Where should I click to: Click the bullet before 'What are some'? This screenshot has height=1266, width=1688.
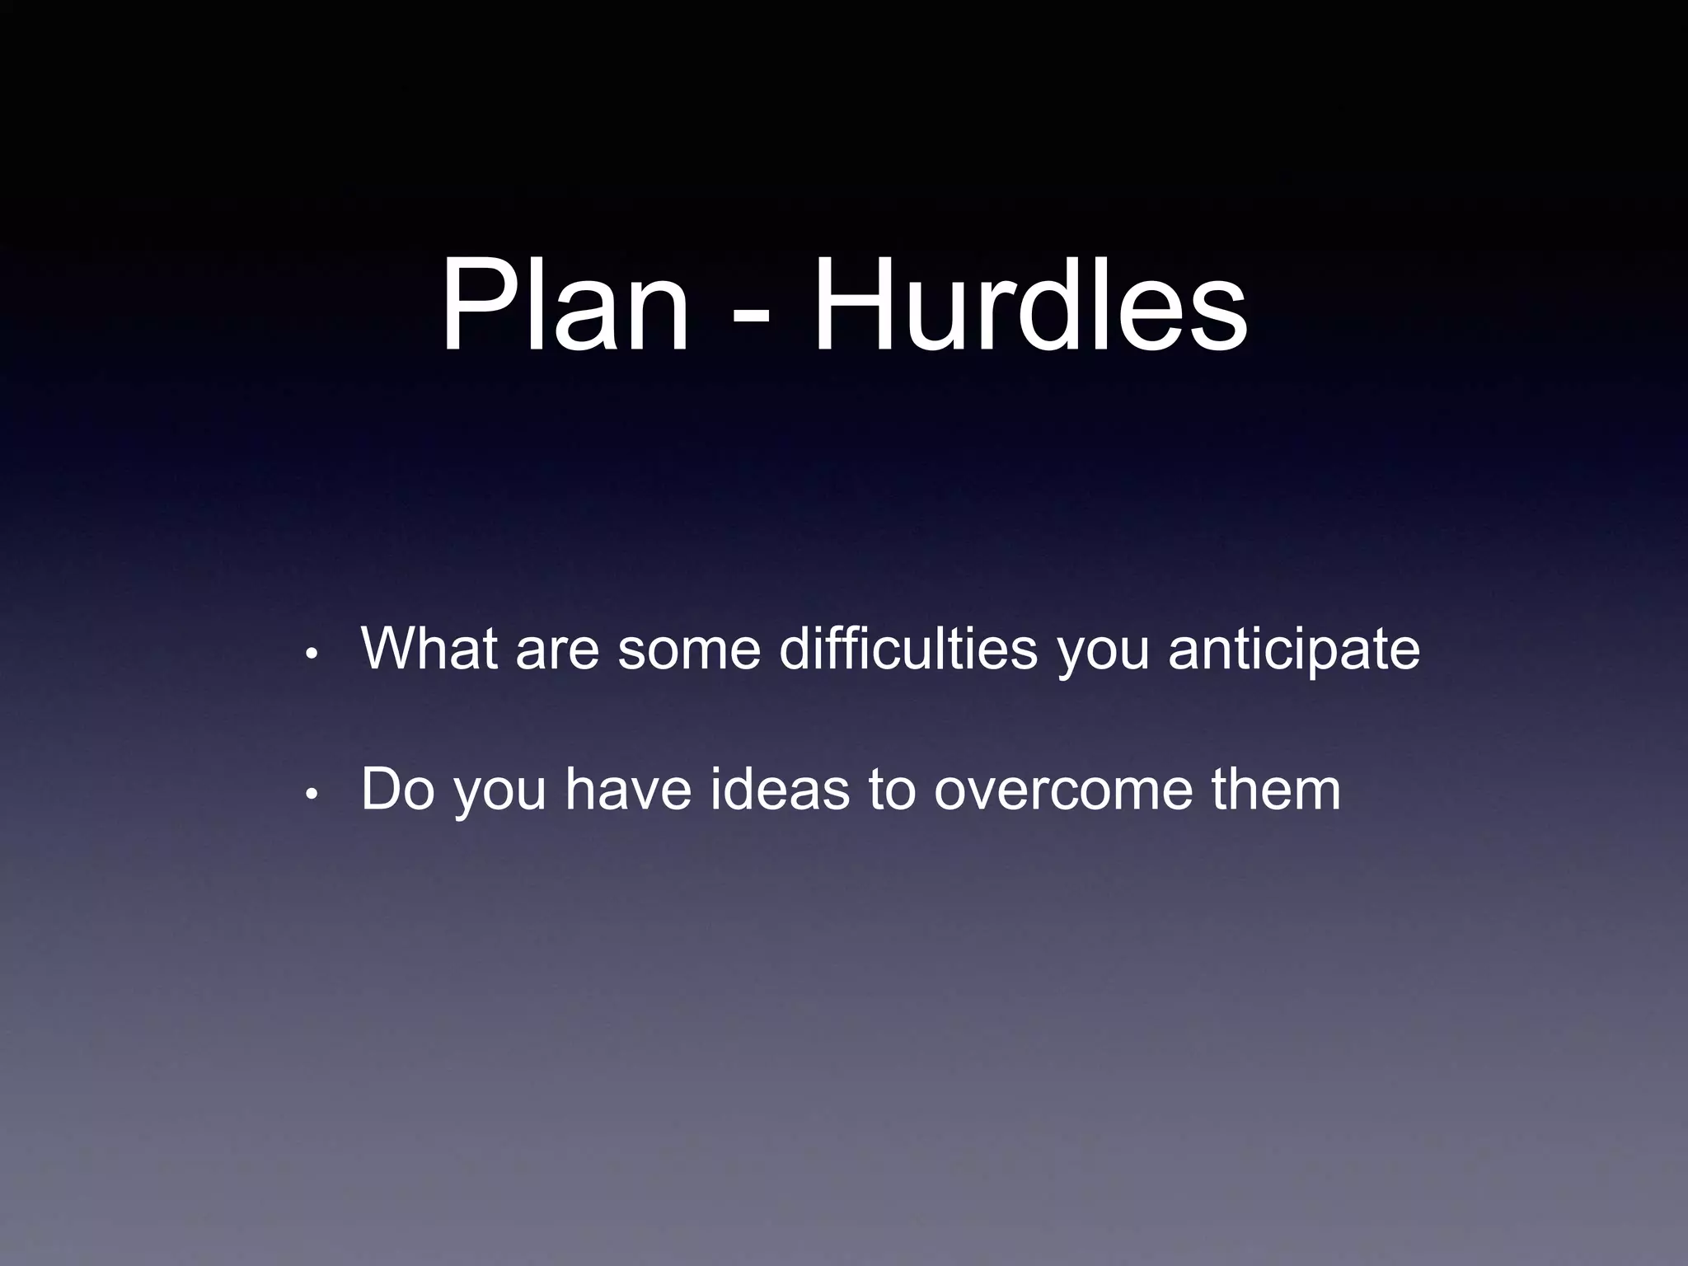(311, 655)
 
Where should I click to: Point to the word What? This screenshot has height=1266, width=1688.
(429, 649)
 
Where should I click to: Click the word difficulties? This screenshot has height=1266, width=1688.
(907, 649)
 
